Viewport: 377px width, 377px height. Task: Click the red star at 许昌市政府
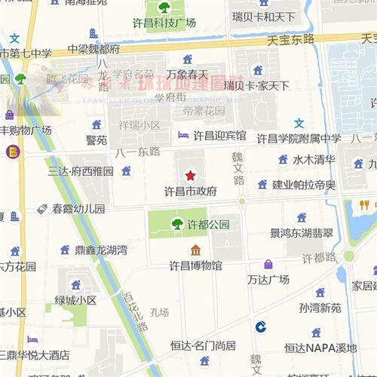click(190, 175)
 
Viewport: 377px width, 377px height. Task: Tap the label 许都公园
click(208, 224)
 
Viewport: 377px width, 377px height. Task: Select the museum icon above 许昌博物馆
click(195, 250)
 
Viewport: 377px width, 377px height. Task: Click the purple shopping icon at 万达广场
click(268, 264)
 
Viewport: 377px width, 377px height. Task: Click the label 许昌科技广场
click(164, 23)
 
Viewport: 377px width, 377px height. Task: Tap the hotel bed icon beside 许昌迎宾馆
click(183, 136)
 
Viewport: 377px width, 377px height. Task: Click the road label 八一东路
click(138, 152)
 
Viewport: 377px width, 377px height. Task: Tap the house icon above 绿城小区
click(75, 285)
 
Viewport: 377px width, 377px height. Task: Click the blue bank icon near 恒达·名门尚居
click(260, 326)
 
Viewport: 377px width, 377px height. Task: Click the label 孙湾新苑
click(320, 308)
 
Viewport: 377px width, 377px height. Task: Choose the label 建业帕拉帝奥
click(304, 185)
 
